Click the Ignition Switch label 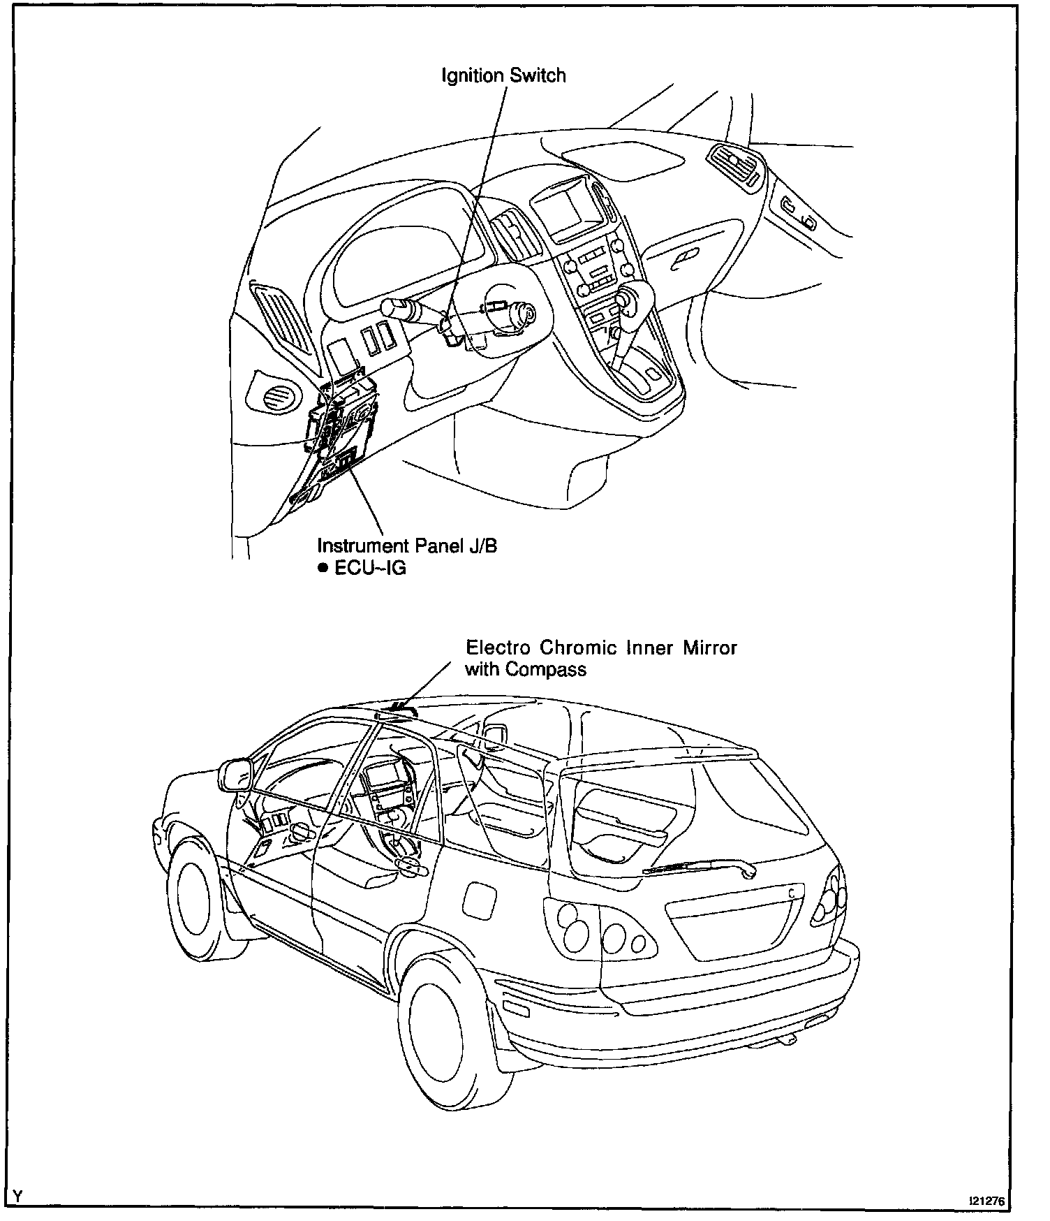(503, 75)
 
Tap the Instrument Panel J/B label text (407, 546)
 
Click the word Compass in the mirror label (546, 669)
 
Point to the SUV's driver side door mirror (235, 774)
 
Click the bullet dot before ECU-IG (323, 568)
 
